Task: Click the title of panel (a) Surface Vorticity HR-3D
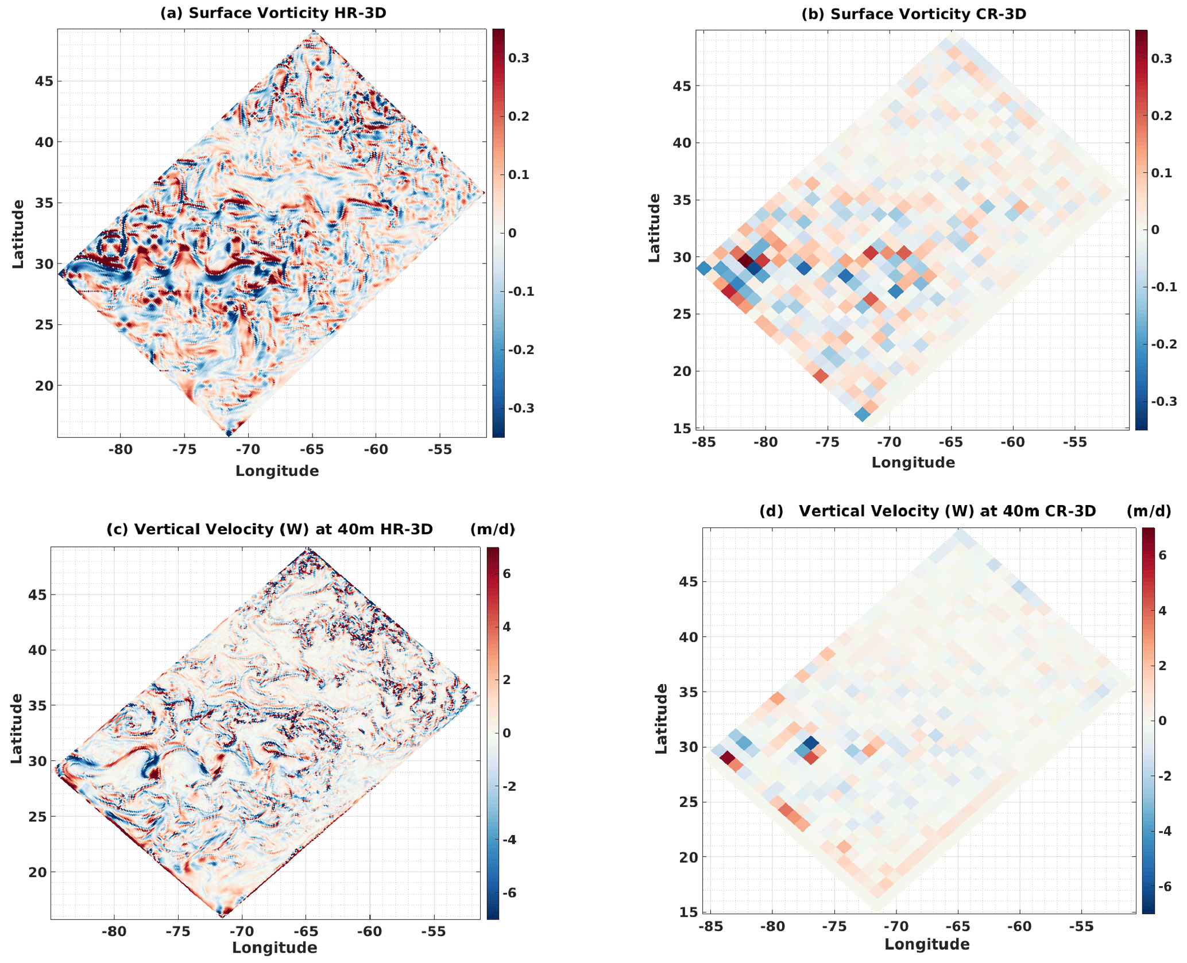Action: coord(273,13)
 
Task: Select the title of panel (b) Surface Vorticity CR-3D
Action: coord(914,14)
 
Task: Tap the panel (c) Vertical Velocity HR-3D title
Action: coord(269,529)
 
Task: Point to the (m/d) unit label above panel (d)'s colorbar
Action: coord(1149,511)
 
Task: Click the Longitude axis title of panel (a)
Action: coord(277,471)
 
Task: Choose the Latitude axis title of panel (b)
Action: coord(654,228)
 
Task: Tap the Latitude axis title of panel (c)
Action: coord(17,728)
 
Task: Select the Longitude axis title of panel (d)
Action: coord(927,944)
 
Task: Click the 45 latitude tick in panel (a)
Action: coord(44,81)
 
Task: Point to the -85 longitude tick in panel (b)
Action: coord(703,442)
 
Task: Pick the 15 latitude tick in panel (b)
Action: coord(682,428)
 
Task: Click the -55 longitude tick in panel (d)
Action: coord(1081,926)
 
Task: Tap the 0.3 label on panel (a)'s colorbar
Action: coord(519,58)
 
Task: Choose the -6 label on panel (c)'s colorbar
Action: coord(505,892)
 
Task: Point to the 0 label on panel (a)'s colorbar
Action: coord(512,233)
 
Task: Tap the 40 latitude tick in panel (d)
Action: coord(689,637)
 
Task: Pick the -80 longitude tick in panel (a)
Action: coord(120,449)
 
